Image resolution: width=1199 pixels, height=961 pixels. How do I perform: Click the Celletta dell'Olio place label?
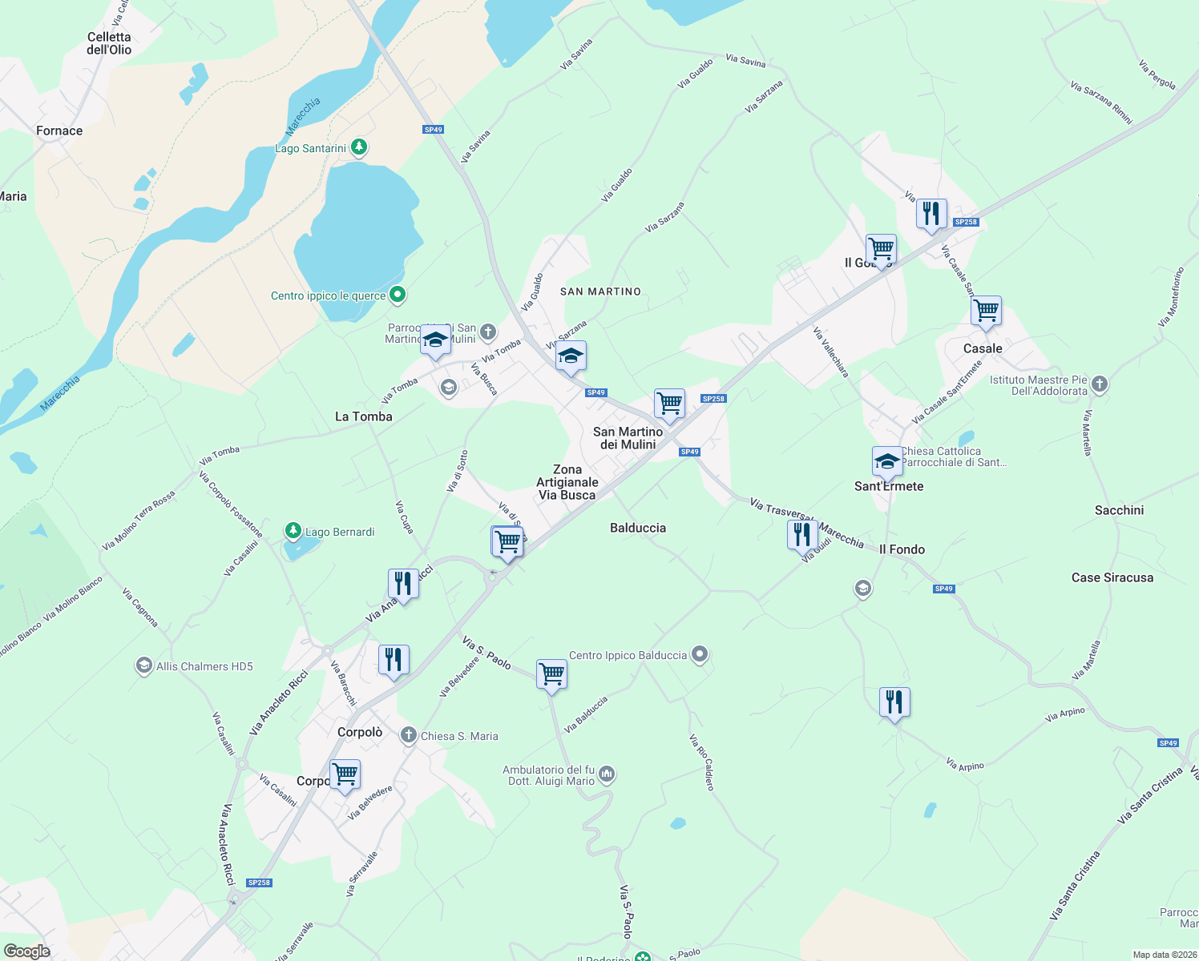pos(109,43)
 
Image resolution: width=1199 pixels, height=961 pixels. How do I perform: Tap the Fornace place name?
pos(59,131)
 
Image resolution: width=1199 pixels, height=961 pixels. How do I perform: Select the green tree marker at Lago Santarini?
pos(360,147)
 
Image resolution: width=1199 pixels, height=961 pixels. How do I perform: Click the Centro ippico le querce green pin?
pos(397,296)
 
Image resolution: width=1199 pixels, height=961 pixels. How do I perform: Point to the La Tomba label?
pos(364,416)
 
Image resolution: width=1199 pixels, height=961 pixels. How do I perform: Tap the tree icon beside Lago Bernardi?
pos(293,531)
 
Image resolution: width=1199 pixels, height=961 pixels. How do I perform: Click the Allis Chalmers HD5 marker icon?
pos(143,665)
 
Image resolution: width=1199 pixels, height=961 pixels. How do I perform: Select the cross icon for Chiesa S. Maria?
pos(409,735)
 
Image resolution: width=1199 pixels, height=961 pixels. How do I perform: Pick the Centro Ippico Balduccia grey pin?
pos(700,654)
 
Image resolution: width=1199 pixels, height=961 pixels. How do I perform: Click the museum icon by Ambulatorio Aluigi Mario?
pos(607,774)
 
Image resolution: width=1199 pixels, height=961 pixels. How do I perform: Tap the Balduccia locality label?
pos(638,528)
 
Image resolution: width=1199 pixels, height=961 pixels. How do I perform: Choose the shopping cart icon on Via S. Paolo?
pos(552,674)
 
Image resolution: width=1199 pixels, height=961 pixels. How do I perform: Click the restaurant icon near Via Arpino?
pos(894,702)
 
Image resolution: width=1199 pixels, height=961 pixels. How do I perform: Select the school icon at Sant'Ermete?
pos(887,461)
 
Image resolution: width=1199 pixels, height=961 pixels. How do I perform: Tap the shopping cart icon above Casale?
pos(987,311)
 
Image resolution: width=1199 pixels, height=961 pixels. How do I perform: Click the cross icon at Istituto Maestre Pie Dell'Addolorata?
pos(1100,384)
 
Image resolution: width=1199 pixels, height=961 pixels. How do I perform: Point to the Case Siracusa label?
pos(1112,577)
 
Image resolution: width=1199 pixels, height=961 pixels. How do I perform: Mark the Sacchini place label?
pos(1119,510)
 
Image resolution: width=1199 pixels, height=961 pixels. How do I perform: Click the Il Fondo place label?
pos(902,549)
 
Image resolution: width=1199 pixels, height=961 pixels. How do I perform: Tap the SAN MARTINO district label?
pos(600,292)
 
